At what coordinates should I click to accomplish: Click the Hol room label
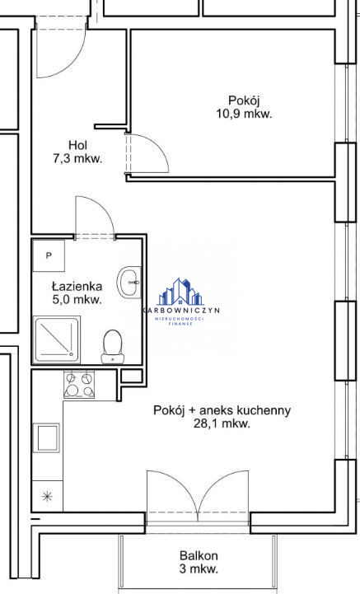77,145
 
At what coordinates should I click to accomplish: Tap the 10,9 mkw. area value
244,114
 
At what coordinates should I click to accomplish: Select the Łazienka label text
77,287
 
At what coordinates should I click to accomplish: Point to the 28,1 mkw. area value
222,423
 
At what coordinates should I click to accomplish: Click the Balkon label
199,556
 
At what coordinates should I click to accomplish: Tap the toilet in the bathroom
113,346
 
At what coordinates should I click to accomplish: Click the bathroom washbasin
129,283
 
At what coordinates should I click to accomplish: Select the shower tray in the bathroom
57,339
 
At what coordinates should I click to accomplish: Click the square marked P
49,255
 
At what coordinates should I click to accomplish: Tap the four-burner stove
79,384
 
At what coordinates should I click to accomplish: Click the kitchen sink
47,437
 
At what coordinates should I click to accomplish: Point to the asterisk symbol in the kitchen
47,496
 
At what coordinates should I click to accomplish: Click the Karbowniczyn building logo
180,292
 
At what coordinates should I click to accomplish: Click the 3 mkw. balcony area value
199,568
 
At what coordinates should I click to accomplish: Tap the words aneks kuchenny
245,410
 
